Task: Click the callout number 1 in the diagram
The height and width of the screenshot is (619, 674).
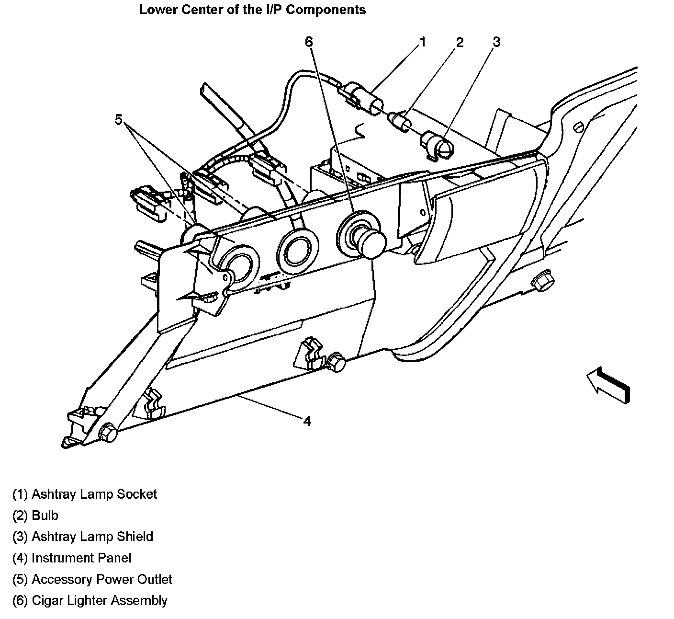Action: pos(422,42)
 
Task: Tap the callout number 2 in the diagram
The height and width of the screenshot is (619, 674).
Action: pos(460,43)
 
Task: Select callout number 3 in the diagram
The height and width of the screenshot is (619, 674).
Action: pos(496,42)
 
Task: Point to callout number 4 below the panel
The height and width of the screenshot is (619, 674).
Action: pos(307,421)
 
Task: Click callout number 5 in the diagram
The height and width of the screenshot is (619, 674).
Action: pos(119,119)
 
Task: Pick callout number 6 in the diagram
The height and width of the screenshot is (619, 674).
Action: pos(309,42)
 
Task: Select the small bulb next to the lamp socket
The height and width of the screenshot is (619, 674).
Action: pos(400,120)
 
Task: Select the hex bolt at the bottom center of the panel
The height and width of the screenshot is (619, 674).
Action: pos(337,363)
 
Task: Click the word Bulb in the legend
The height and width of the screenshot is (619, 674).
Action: pos(45,516)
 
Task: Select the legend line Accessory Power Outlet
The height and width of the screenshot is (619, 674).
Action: pos(92,579)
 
